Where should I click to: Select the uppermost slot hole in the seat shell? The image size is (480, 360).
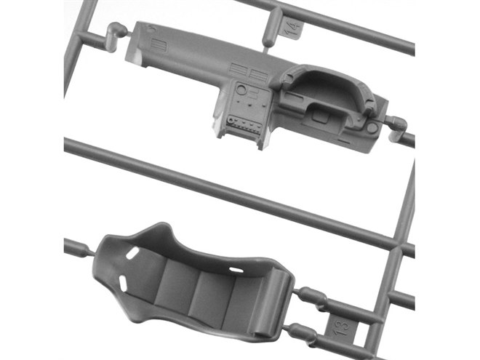[132, 254]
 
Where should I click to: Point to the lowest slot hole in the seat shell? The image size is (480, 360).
[123, 283]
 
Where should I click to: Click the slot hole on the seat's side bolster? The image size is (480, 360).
[236, 270]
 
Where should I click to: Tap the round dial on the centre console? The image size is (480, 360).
[241, 90]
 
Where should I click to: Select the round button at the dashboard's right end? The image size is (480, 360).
[372, 127]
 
